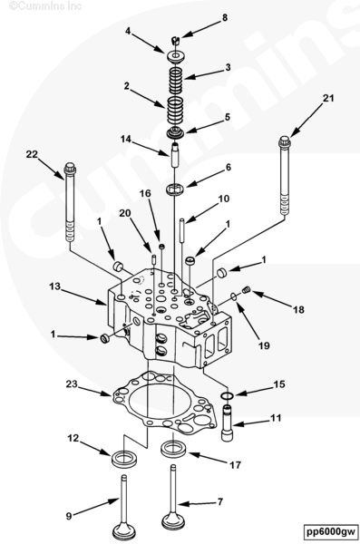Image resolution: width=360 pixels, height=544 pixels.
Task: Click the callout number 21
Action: click(x=328, y=99)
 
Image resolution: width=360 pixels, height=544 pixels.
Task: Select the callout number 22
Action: click(x=32, y=154)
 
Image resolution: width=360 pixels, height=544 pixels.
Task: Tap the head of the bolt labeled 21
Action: click(x=285, y=141)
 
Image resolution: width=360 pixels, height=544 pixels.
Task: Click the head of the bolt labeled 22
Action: click(x=70, y=168)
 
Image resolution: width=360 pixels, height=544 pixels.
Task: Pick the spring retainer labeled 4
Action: click(x=175, y=57)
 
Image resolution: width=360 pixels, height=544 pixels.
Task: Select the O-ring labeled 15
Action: click(x=227, y=395)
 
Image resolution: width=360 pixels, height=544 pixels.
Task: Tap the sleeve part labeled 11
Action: click(x=227, y=423)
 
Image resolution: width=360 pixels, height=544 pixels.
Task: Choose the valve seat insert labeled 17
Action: click(x=173, y=449)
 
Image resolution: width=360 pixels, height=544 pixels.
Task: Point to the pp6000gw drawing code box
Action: click(x=331, y=531)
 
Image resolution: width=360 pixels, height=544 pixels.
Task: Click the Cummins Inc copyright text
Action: click(x=45, y=5)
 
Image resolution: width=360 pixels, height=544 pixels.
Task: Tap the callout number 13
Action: click(x=54, y=287)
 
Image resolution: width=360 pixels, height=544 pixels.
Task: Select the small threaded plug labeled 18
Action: click(x=246, y=290)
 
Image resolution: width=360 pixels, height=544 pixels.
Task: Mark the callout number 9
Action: click(x=69, y=516)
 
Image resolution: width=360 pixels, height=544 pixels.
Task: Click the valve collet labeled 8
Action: click(x=176, y=41)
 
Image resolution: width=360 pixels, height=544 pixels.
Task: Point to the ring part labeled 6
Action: click(x=175, y=189)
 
